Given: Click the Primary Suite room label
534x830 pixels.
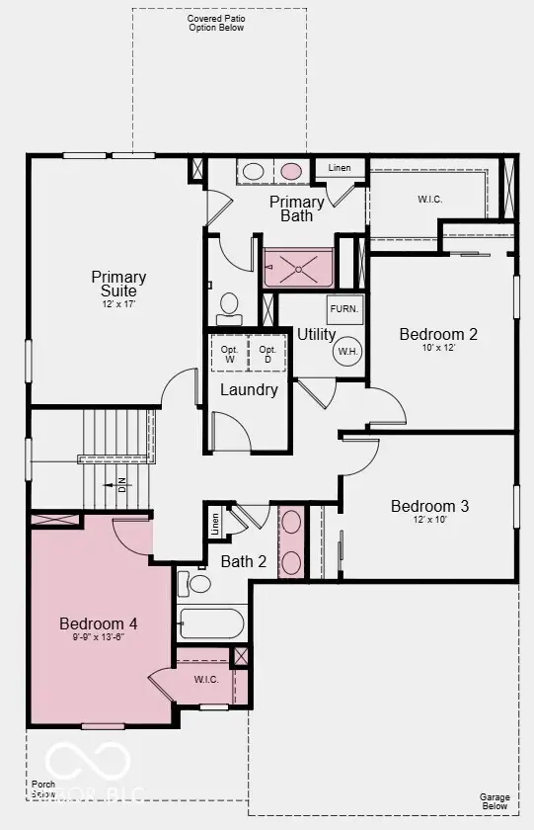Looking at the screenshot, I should tap(118, 284).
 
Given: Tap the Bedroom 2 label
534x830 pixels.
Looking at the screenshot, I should tap(438, 334).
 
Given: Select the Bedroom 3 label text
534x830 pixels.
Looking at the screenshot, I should tap(429, 506).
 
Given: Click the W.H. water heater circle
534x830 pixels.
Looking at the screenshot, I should tap(347, 352).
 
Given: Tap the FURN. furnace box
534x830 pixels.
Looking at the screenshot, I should tap(344, 309).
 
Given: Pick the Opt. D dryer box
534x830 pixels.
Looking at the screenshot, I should tap(267, 354).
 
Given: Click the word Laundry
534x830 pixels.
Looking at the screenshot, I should tap(249, 389).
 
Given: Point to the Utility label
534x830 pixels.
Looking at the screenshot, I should tap(316, 334).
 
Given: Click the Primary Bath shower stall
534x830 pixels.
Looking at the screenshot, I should tap(299, 266).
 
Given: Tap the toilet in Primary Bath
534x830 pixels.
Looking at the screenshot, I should tap(229, 308).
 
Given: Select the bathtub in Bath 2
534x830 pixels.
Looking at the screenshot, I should tap(211, 624).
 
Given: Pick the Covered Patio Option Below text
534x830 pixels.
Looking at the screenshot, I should tap(216, 23).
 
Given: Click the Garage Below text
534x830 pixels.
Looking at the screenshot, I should tap(495, 801).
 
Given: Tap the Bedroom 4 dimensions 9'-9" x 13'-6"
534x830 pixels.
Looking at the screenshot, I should tap(98, 637).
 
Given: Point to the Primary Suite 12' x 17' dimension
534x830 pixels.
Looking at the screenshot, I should tap(118, 303).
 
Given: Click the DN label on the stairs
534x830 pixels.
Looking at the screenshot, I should tap(122, 484).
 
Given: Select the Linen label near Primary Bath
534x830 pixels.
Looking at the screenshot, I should tap(339, 168).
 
